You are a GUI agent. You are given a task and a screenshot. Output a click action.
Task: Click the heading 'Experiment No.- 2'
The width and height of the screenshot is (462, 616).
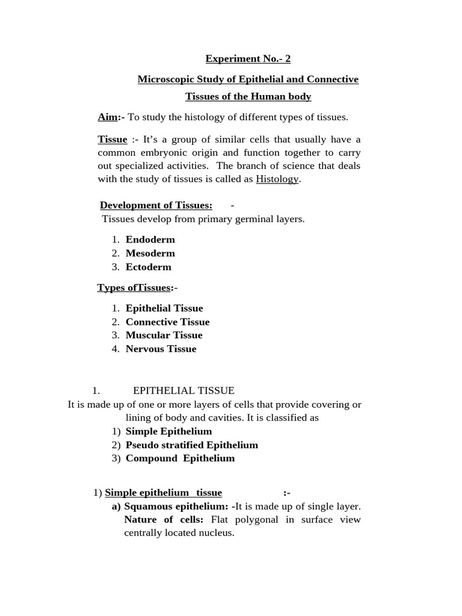248,58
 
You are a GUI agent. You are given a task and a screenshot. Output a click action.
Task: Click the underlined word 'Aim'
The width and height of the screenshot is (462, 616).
107,117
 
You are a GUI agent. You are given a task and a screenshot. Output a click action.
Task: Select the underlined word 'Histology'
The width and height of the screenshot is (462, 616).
277,179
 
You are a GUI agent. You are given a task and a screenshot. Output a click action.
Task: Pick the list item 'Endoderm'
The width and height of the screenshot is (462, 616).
150,239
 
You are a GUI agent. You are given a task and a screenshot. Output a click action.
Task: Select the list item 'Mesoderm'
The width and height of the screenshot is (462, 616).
150,253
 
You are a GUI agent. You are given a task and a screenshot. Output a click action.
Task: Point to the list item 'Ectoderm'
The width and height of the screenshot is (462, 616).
148,267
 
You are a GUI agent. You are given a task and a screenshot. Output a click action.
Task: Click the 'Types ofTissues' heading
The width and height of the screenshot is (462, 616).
134,288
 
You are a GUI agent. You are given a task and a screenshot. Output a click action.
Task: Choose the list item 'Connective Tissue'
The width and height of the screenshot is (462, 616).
167,322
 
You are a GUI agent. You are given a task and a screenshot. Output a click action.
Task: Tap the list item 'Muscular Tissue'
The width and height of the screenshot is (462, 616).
164,335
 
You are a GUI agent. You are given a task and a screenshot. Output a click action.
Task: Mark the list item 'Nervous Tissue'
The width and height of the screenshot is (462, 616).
161,349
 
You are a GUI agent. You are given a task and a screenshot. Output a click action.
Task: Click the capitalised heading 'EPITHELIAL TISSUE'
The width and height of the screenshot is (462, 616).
183,390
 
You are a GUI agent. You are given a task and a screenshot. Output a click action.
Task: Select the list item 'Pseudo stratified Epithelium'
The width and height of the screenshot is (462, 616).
191,445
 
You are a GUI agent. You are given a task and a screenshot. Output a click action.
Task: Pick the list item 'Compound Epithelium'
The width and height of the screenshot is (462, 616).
180,458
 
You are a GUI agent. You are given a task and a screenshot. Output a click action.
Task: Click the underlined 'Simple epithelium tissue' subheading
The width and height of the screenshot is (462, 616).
163,493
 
